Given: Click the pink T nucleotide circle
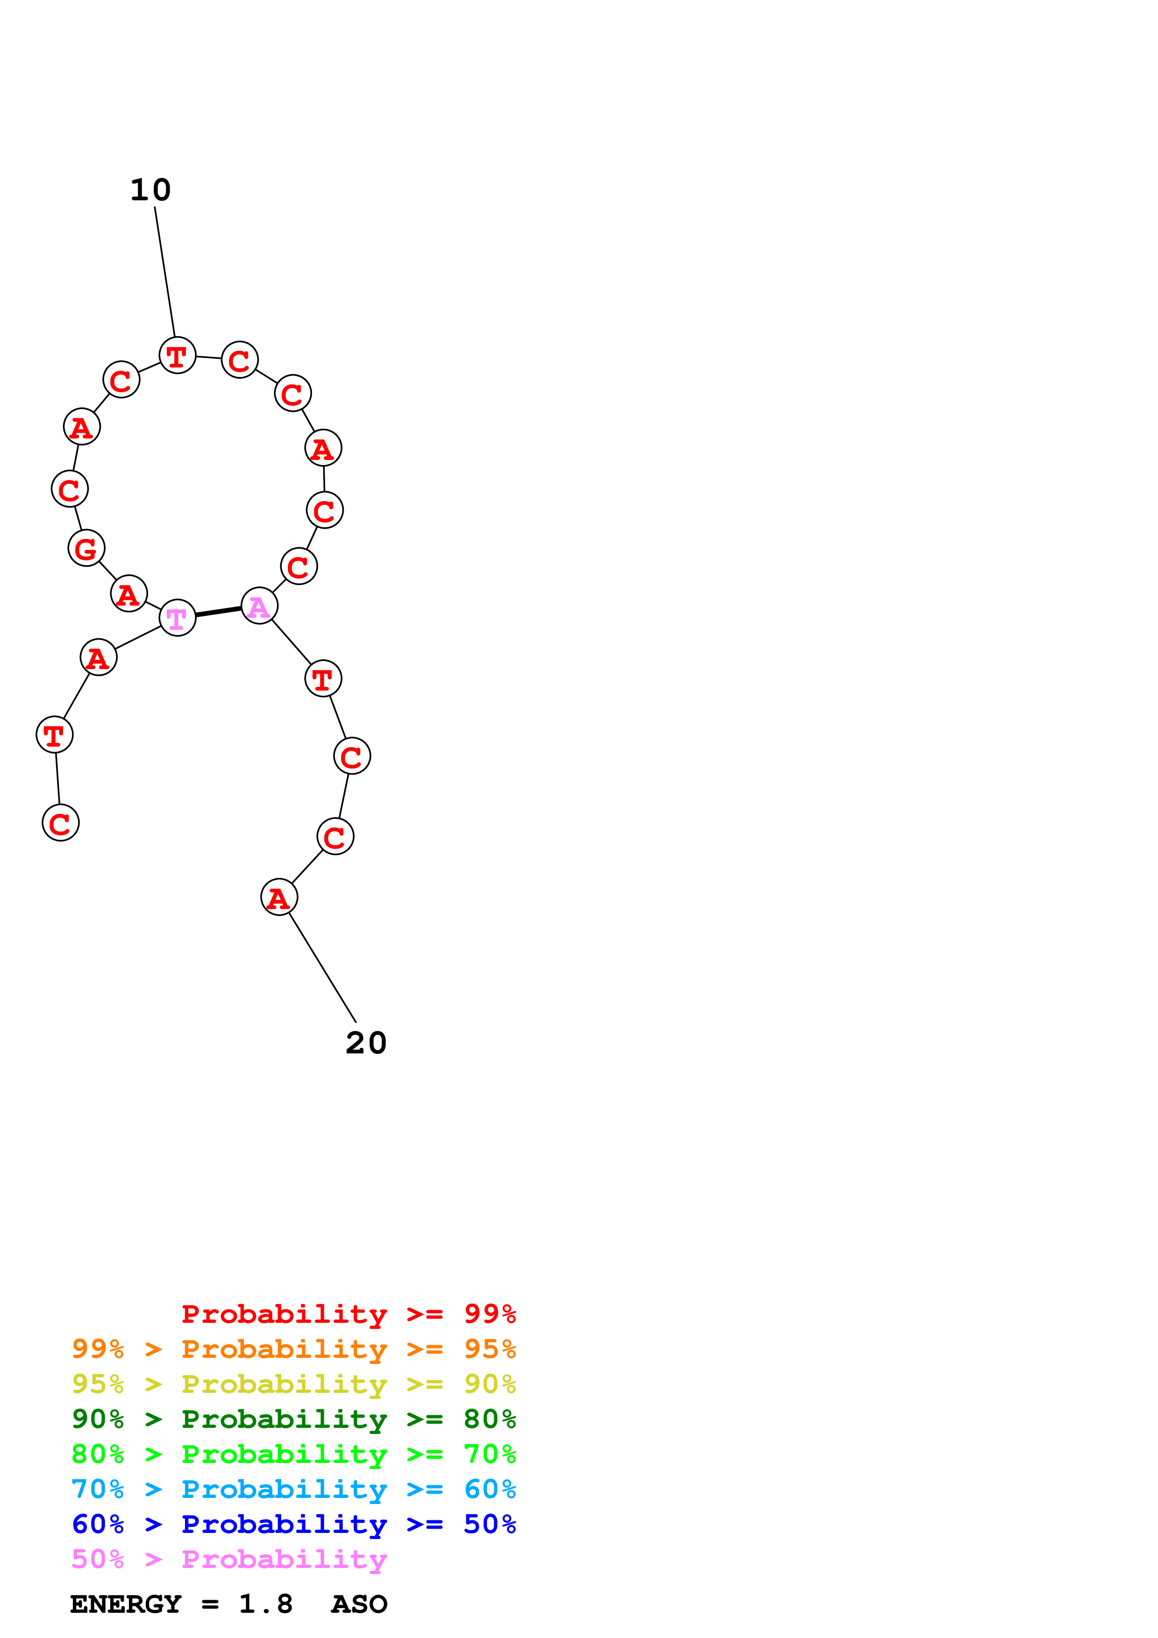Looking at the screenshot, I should pyautogui.click(x=177, y=618).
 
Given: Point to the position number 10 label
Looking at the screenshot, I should pyautogui.click(x=150, y=190).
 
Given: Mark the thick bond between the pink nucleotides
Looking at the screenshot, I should pyautogui.click(x=218, y=611).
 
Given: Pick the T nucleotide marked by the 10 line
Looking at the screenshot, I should pyautogui.click(x=177, y=355).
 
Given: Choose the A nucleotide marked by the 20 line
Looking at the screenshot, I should pyautogui.click(x=279, y=897).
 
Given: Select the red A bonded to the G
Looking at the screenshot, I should pyautogui.click(x=128, y=593).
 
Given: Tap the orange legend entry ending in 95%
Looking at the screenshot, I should pyautogui.click(x=293, y=1349).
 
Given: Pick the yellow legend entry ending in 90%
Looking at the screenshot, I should pyautogui.click(x=293, y=1384).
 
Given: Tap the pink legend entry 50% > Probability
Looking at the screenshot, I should pyautogui.click(x=229, y=1559).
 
